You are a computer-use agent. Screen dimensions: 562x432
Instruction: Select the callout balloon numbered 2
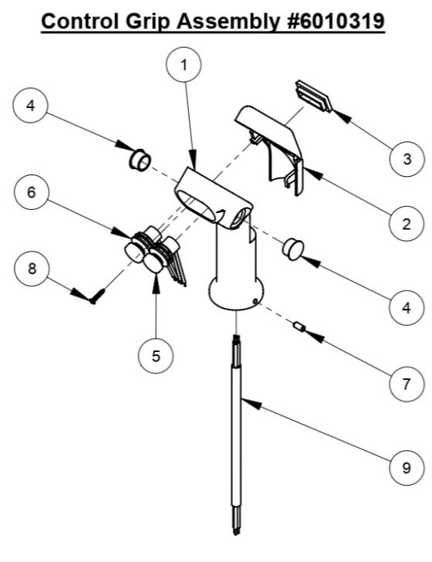pyautogui.click(x=404, y=224)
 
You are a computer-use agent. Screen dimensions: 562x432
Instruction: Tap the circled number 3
pyautogui.click(x=404, y=159)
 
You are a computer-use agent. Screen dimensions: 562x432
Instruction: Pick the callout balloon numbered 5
pyautogui.click(x=157, y=357)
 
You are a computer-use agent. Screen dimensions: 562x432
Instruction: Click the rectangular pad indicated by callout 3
pyautogui.click(x=315, y=96)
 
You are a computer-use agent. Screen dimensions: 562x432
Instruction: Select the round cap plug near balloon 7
pyautogui.click(x=292, y=249)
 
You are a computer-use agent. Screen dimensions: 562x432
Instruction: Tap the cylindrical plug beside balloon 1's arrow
pyautogui.click(x=140, y=160)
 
